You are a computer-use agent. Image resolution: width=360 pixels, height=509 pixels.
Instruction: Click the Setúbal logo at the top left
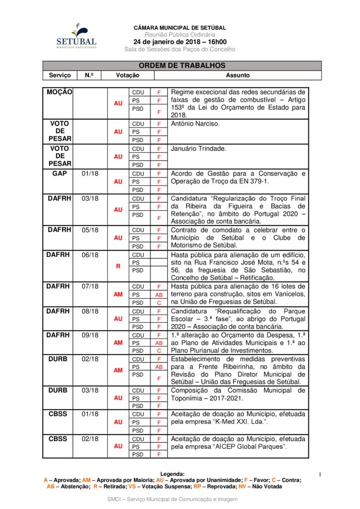pyautogui.click(x=76, y=36)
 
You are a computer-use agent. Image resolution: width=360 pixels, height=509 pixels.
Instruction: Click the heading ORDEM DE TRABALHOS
pyautogui.click(x=182, y=66)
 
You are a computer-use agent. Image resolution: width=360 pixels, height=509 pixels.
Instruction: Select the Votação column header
pyautogui.click(x=127, y=76)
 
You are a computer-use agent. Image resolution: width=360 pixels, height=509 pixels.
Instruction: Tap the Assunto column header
pyautogui.click(x=238, y=76)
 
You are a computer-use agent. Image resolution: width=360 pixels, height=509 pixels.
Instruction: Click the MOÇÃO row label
pyautogui.click(x=60, y=92)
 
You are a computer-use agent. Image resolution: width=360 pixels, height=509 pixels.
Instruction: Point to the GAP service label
pyautogui.click(x=60, y=173)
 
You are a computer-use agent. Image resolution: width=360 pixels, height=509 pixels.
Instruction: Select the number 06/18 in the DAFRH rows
pyautogui.click(x=90, y=255)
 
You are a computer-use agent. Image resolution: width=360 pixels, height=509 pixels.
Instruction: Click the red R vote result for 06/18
pyautogui.click(x=118, y=266)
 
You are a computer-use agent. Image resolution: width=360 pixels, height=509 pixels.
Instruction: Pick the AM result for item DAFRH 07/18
pyautogui.click(x=118, y=294)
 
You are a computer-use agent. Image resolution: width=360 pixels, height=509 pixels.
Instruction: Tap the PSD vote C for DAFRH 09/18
pyautogui.click(x=159, y=350)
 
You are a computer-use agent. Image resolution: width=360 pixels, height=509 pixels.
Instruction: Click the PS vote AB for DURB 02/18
pyautogui.click(x=159, y=367)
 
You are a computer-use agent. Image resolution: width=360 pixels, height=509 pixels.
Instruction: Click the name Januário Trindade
pyautogui.click(x=198, y=149)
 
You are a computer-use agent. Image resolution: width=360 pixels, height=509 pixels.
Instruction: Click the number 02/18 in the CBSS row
pyautogui.click(x=90, y=439)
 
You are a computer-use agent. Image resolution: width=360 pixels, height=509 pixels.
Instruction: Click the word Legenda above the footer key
pyautogui.click(x=172, y=474)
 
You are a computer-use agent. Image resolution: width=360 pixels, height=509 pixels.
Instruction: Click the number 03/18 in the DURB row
pyautogui.click(x=90, y=391)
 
